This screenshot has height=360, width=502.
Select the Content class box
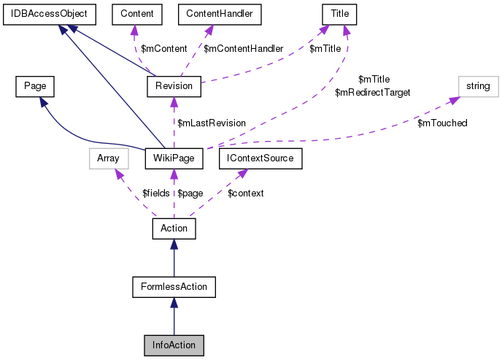[x=131, y=14]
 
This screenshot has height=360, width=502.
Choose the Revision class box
[x=174, y=87]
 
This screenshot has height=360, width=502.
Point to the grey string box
[x=478, y=87]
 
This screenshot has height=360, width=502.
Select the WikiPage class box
[x=174, y=157]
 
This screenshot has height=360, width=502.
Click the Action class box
[x=174, y=229]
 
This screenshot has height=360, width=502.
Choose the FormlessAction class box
[x=174, y=287]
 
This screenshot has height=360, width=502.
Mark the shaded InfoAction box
[x=174, y=344]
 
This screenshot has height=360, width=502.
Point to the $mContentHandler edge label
[x=243, y=49]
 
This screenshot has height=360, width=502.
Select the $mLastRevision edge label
[x=212, y=123]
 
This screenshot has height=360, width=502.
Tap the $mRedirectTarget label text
[x=372, y=93]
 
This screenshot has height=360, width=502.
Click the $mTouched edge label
[x=442, y=123]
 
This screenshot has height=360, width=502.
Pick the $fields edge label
[x=155, y=193]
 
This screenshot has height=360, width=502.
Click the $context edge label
[x=246, y=193]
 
